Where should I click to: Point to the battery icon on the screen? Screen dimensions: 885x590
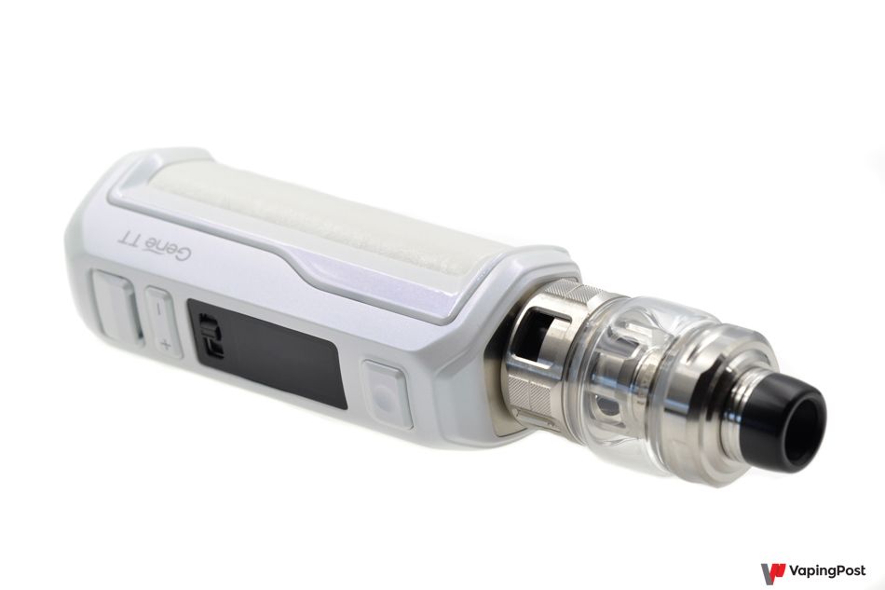pyautogui.click(x=210, y=337)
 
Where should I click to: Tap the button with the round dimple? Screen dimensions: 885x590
pyautogui.click(x=388, y=394)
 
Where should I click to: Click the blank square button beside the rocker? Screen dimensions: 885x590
pyautogui.click(x=116, y=307)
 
